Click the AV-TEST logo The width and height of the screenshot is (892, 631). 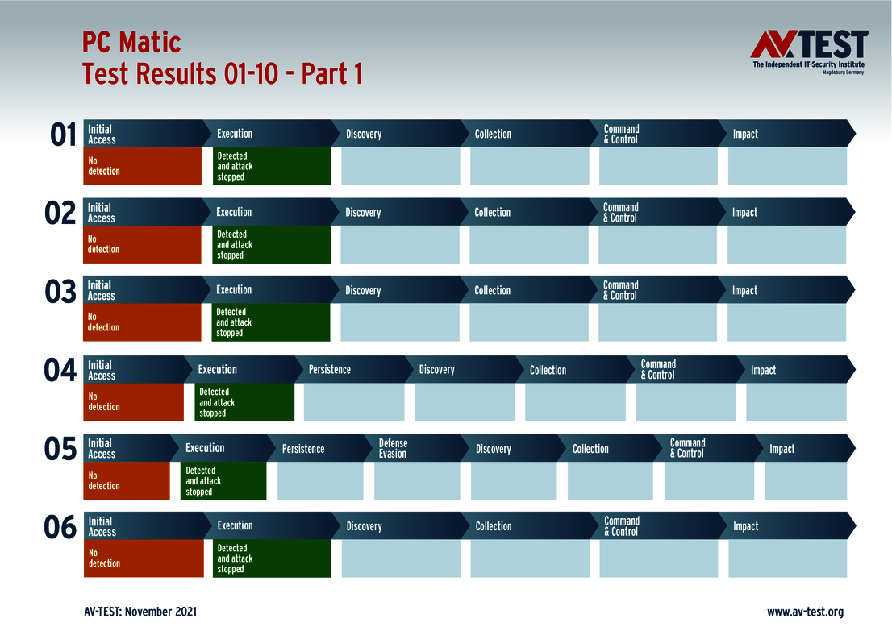click(809, 52)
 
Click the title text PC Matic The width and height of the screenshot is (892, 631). click(131, 42)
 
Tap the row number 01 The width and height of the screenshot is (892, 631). click(63, 135)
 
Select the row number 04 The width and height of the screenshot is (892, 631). click(60, 371)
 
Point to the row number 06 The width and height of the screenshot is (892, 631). click(60, 528)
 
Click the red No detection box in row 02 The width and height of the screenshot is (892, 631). click(142, 244)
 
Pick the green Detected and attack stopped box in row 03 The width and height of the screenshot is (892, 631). click(271, 322)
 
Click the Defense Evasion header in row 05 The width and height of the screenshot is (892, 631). click(393, 448)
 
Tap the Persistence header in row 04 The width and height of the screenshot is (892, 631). click(330, 369)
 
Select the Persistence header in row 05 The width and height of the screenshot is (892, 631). click(303, 448)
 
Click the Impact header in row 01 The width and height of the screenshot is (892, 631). click(745, 134)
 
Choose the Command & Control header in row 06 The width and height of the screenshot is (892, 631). click(622, 526)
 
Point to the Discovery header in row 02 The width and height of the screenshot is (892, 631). click(363, 212)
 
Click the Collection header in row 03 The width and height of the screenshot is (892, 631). click(492, 290)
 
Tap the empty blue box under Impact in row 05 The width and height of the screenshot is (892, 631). click(806, 481)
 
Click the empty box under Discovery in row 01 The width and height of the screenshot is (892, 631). click(400, 166)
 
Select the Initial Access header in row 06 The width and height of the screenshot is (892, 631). click(102, 526)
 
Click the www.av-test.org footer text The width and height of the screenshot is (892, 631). click(805, 612)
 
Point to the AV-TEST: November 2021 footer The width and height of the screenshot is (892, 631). click(140, 612)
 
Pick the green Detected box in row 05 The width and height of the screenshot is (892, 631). click(223, 481)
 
